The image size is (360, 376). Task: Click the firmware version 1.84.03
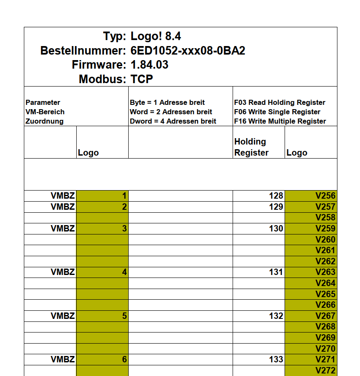tap(149, 65)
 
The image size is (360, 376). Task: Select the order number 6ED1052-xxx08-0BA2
tap(187, 51)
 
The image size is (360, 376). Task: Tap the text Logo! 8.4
tap(156, 36)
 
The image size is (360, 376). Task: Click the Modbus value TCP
tap(141, 79)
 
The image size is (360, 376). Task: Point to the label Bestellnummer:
tap(83, 51)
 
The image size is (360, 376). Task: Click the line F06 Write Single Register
tap(277, 112)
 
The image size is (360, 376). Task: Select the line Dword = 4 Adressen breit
tap(173, 121)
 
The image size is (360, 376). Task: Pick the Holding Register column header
tap(251, 147)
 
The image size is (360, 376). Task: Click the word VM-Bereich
tap(45, 112)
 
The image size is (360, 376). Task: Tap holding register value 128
tap(276, 196)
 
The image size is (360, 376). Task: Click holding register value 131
tap(276, 272)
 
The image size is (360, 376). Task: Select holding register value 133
tap(276, 359)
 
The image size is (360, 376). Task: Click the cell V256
tap(325, 196)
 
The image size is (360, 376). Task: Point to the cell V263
tap(325, 272)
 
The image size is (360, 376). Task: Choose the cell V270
tap(325, 348)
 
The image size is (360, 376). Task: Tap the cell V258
tap(325, 217)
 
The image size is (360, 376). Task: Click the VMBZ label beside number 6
tap(63, 359)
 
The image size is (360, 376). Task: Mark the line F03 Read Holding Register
tap(279, 102)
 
